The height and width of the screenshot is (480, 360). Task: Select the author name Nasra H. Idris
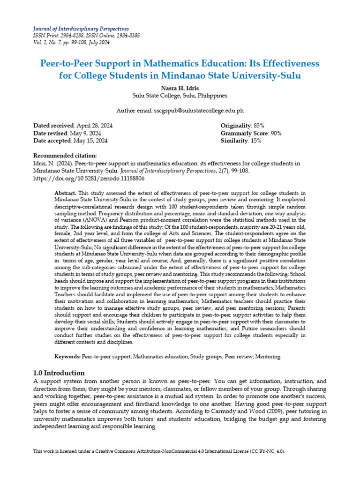180,88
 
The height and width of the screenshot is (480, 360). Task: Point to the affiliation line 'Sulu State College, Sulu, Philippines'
180,96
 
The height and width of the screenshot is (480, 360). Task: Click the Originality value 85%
258,126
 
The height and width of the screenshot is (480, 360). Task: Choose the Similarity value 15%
255,141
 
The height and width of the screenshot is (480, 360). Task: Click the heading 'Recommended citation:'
65,156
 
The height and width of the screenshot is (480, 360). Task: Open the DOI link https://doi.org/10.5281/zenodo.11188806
89,179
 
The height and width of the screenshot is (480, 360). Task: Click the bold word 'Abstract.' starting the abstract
65,193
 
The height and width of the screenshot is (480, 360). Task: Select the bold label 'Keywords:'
67,357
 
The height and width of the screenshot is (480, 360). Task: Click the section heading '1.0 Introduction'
59,373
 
